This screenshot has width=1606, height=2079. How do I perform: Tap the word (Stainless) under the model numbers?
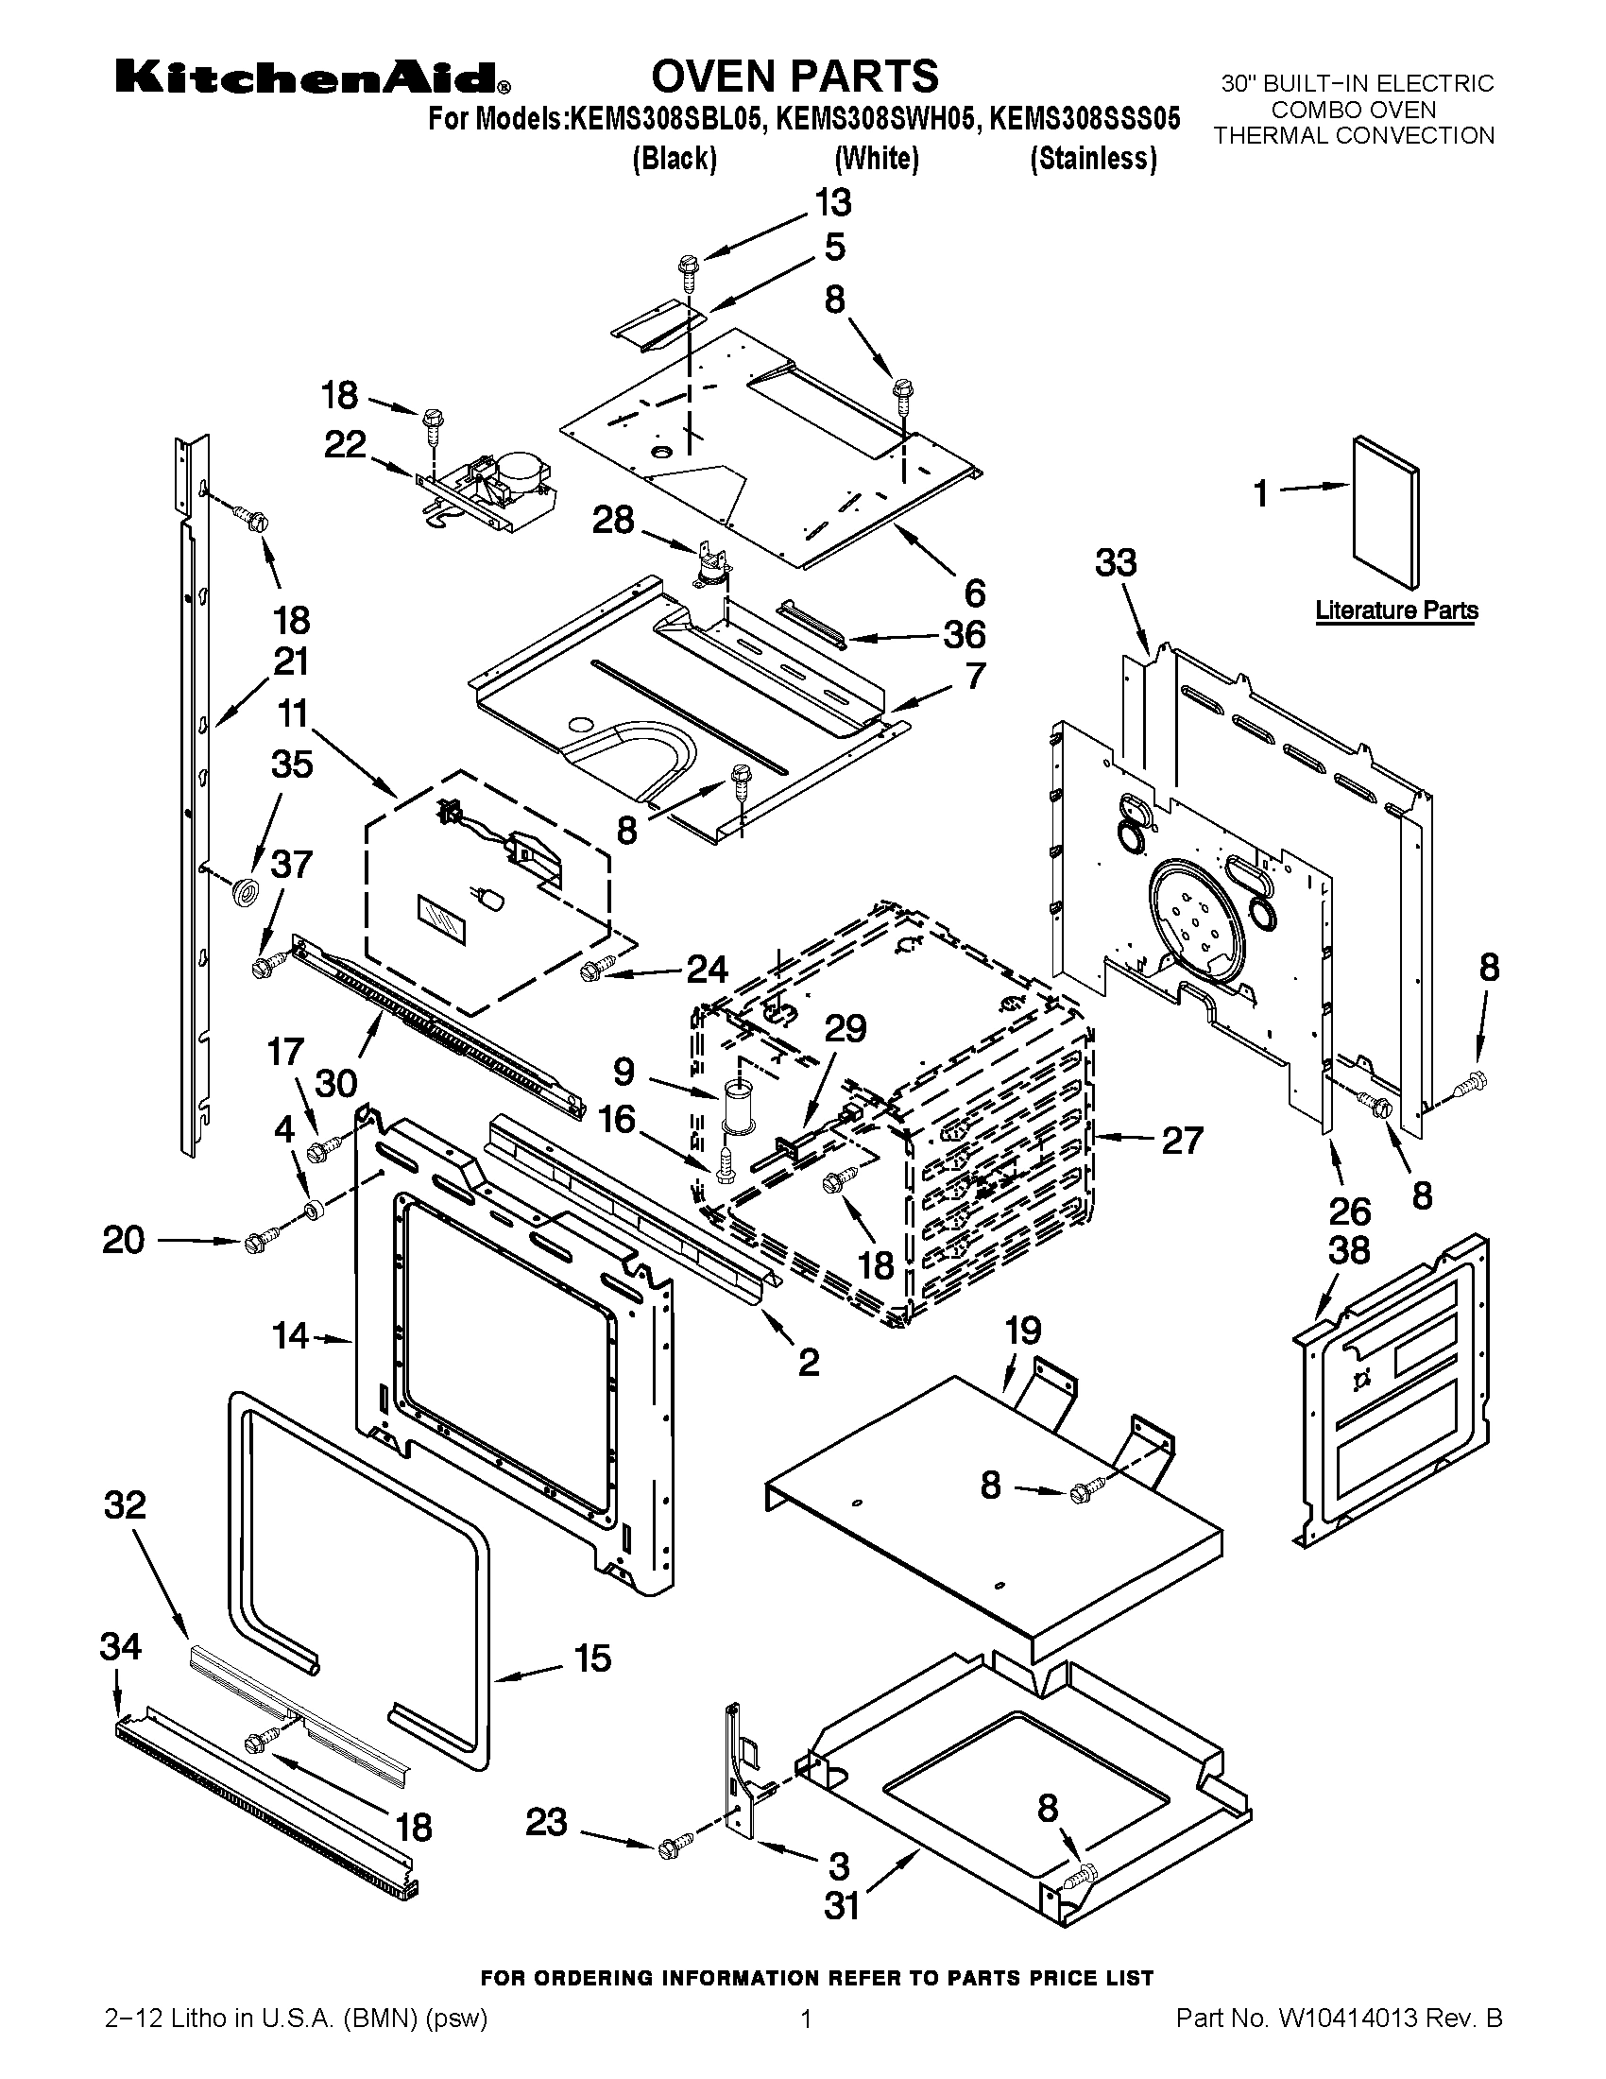tap(1093, 159)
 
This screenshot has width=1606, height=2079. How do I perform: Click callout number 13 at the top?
tap(832, 204)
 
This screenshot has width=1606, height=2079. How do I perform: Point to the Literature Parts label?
tap(1395, 610)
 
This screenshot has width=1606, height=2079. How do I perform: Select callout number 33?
tap(1115, 563)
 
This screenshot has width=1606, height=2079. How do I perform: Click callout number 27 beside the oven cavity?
tap(1182, 1140)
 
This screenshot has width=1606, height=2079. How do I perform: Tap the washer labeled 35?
tap(247, 893)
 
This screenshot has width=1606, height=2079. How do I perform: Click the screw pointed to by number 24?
tap(589, 970)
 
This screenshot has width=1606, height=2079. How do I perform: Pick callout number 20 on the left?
tap(124, 1241)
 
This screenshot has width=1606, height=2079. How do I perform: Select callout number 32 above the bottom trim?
tap(126, 1505)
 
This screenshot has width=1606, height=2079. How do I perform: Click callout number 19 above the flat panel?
tap(1023, 1331)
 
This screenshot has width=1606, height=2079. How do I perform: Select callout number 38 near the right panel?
tap(1348, 1250)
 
